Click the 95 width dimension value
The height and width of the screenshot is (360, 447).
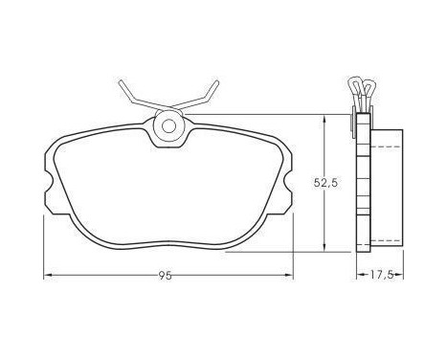(x=167, y=276)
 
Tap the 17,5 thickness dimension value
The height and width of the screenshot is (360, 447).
(x=382, y=276)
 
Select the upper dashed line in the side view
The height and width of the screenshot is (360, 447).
(x=387, y=146)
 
